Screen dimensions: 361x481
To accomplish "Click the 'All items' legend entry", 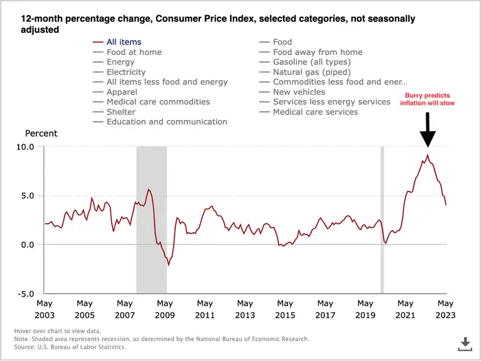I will pos(124,43).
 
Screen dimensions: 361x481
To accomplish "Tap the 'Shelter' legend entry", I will pos(121,112).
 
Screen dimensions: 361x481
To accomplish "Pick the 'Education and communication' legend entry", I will pos(166,121).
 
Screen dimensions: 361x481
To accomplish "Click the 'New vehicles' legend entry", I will pos(300,92).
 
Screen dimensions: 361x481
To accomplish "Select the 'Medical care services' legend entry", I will pos(315,112).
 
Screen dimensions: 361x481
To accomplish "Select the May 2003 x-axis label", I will pos(45,308).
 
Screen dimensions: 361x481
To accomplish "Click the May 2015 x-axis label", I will pos(285,308).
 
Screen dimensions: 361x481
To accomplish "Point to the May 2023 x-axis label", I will pos(445,308).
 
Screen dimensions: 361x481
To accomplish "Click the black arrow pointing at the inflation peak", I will pos(428,129).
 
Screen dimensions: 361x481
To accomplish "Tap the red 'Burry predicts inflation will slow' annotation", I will pos(428,98).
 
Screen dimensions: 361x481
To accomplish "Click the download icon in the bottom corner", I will pos(465,342).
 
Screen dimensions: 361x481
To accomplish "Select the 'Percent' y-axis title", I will pos(41,133).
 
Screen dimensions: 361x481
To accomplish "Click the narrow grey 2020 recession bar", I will pos(382,220).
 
